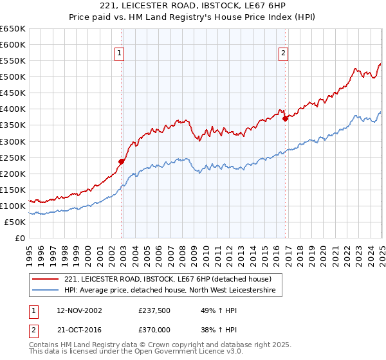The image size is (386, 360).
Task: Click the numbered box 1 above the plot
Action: coord(120,53)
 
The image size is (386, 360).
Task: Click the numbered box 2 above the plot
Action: coord(283,53)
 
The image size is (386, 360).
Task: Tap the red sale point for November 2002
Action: coord(121,161)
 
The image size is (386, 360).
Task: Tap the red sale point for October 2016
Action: coord(285,118)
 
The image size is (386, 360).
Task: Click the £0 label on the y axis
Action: coord(21,239)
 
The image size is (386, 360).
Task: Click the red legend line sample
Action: coord(45,279)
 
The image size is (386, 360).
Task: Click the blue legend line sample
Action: coord(45,291)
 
